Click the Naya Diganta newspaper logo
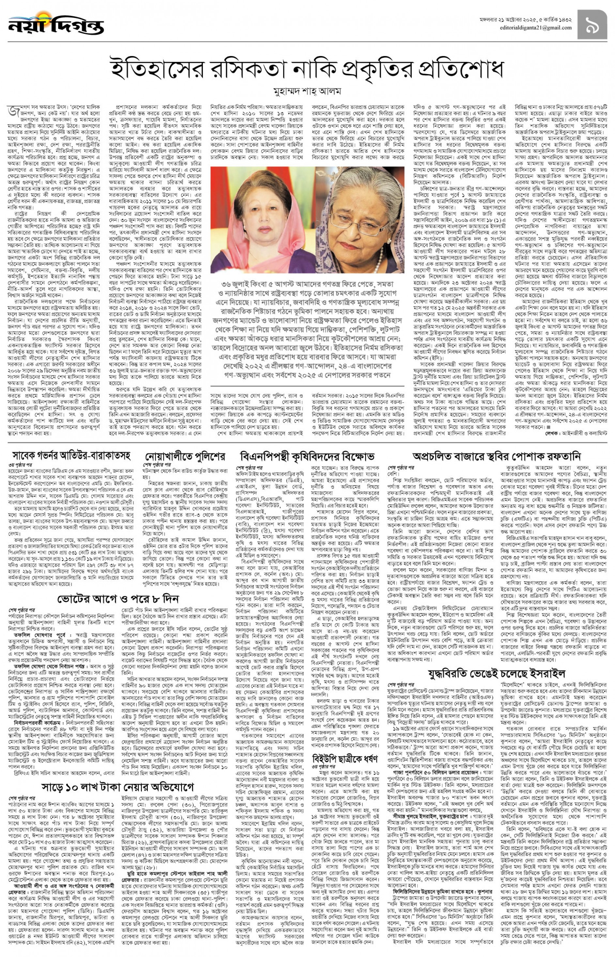(x=55, y=25)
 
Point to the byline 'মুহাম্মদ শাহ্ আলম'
(x=307, y=91)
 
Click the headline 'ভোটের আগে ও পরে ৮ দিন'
(x=118, y=599)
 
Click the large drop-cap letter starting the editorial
(x=11, y=111)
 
